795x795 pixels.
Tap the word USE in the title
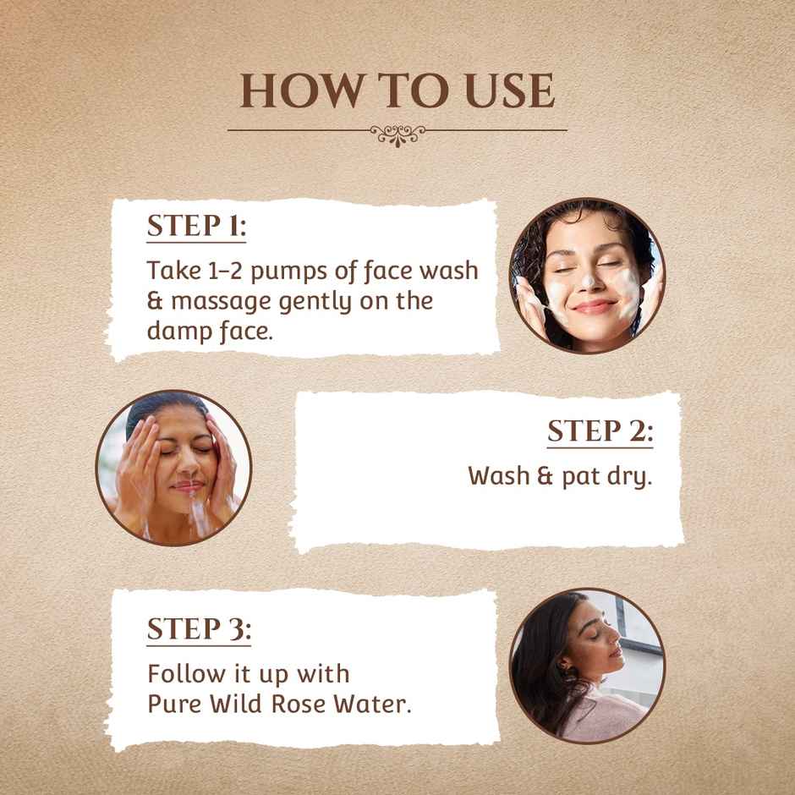coord(506,91)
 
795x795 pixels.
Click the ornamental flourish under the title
coord(397,132)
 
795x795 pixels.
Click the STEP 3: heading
coord(199,630)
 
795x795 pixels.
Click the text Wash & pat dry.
coord(560,475)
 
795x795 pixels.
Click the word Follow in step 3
coord(178,675)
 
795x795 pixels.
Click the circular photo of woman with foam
coord(587,276)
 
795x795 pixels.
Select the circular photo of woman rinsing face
coord(173,467)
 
